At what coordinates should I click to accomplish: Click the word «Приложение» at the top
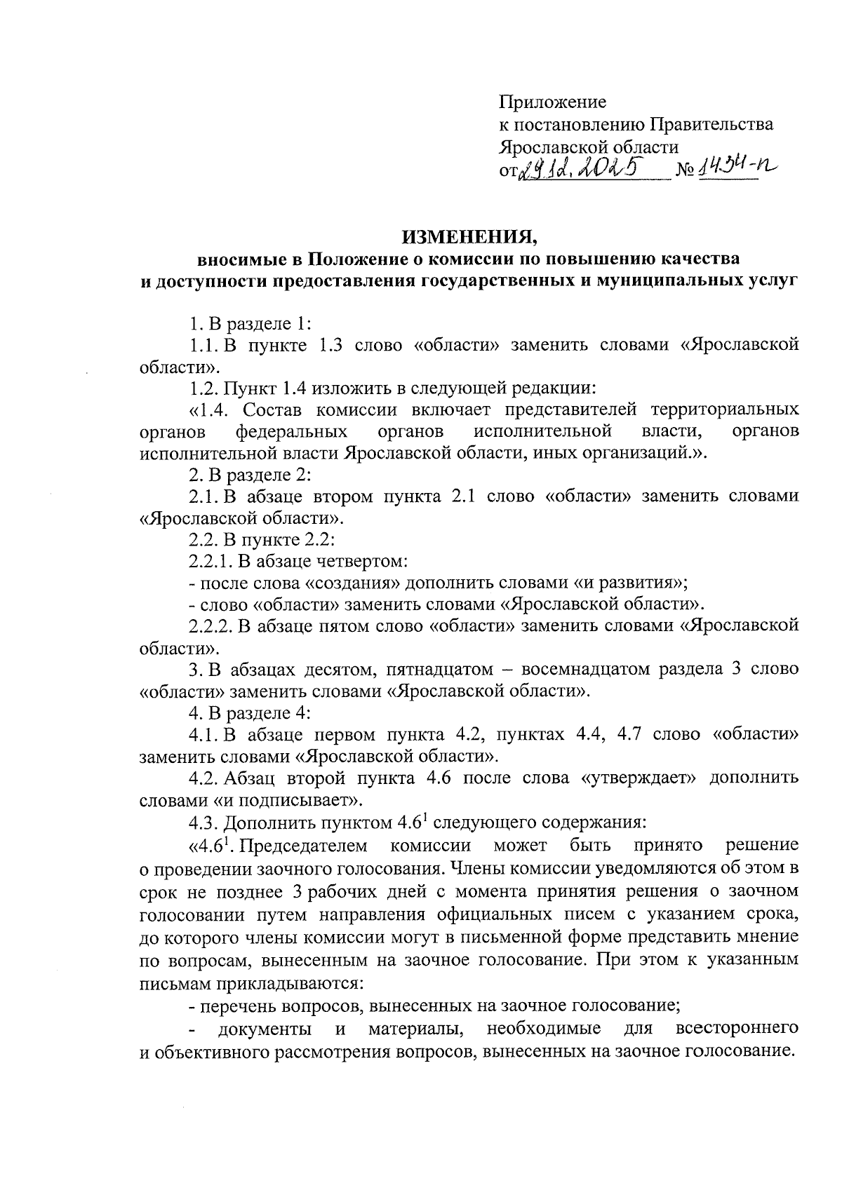552,102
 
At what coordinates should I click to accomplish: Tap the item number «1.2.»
204,387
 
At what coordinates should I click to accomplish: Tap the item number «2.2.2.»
211,626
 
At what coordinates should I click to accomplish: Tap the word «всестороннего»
736,1029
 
